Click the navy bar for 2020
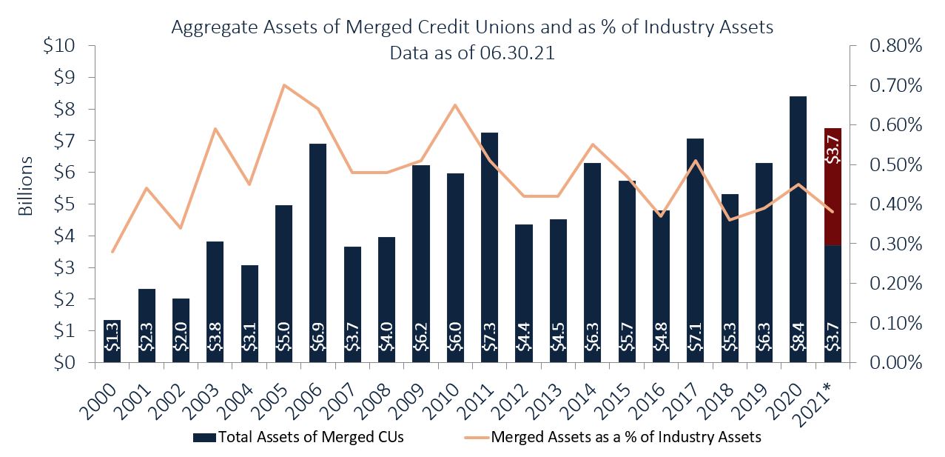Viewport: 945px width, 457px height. (x=798, y=230)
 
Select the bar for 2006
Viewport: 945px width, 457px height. (x=317, y=252)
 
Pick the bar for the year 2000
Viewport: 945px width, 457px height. (x=112, y=341)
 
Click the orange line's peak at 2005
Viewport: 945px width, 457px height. (x=283, y=85)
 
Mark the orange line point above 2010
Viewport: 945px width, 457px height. (x=455, y=104)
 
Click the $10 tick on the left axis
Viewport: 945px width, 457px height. (x=59, y=46)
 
